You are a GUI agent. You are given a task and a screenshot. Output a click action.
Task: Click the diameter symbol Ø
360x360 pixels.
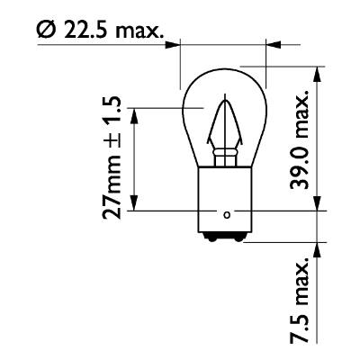point(47,32)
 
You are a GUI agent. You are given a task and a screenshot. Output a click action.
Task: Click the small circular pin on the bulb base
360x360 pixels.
point(227,214)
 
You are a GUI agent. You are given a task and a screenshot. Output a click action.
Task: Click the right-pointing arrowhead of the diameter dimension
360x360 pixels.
point(175,41)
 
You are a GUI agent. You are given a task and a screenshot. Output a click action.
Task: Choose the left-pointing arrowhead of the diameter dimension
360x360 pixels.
point(274,41)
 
